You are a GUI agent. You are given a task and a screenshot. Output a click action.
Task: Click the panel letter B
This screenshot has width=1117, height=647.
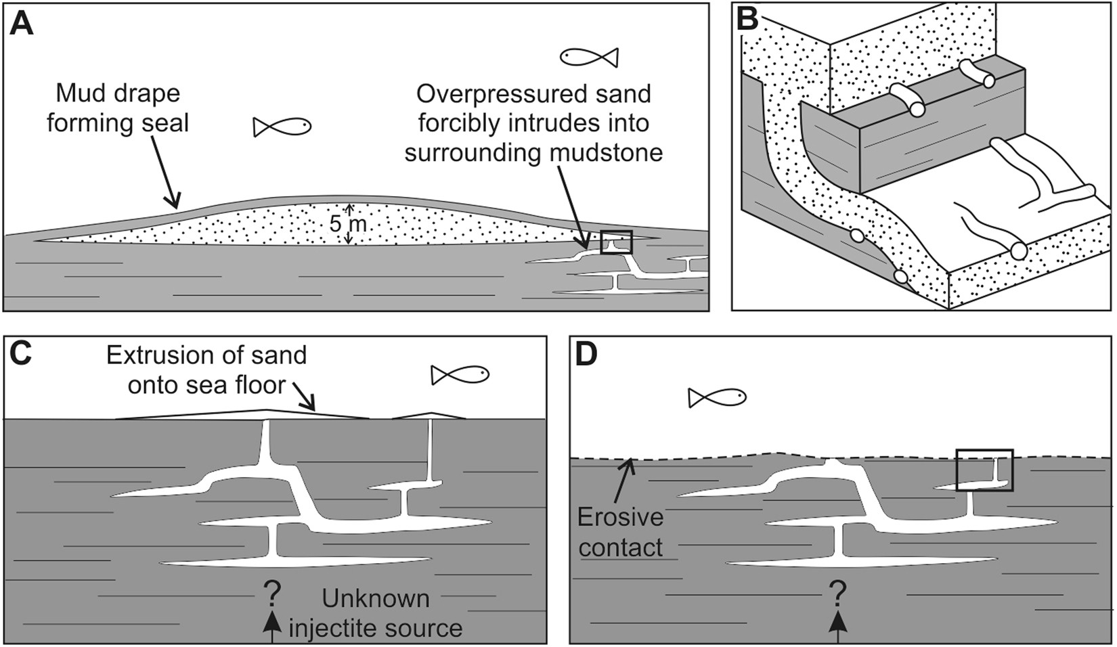point(747,19)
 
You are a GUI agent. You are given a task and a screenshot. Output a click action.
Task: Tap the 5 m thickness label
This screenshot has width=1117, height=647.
point(347,224)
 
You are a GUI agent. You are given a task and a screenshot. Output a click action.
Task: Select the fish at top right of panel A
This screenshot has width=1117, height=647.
point(589,57)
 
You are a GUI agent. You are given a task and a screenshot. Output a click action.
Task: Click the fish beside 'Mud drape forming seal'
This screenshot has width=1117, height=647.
point(282,126)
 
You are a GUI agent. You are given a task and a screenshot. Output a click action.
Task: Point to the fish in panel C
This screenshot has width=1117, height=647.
point(460,374)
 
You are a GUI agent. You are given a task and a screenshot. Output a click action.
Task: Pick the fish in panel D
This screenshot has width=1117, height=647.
point(717,397)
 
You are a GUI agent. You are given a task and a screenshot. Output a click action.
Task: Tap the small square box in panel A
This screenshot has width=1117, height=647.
point(616,242)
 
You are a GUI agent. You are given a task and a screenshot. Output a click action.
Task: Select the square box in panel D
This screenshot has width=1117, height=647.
point(984,470)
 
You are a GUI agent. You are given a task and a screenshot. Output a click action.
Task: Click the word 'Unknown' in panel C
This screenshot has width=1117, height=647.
point(376,598)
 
